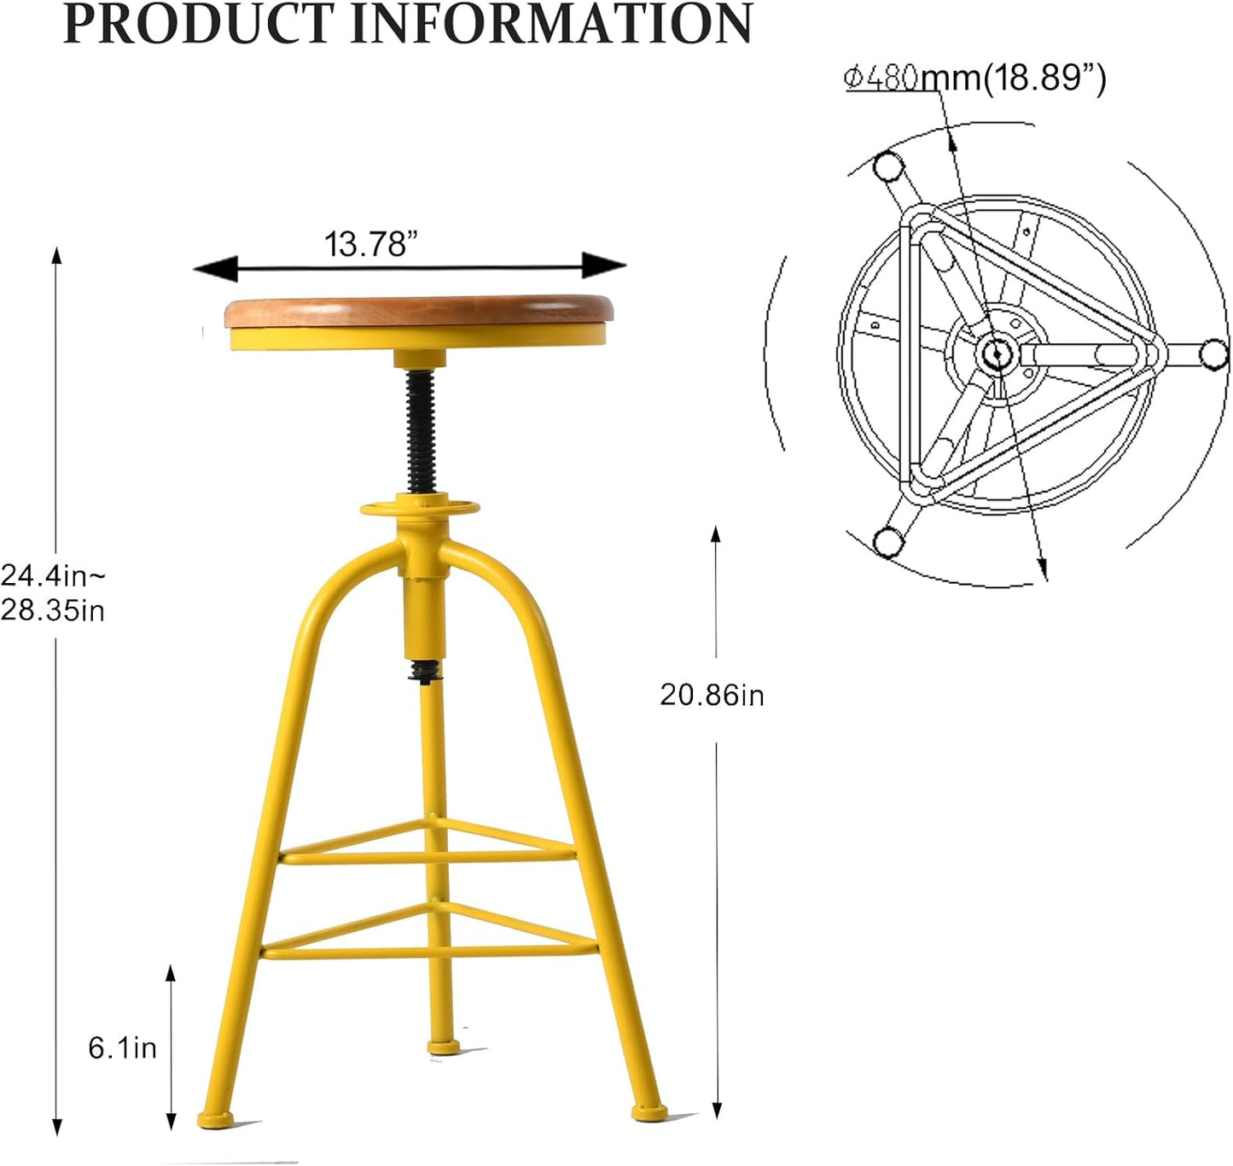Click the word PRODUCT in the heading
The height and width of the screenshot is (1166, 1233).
click(200, 24)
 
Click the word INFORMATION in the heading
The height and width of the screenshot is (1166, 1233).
click(551, 24)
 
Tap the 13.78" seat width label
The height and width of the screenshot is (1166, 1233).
click(370, 244)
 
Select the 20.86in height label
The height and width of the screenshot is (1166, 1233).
click(712, 695)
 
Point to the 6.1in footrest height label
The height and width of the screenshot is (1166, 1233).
click(123, 1047)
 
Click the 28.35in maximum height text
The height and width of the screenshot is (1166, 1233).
click(53, 610)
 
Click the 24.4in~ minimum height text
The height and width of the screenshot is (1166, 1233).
click(53, 575)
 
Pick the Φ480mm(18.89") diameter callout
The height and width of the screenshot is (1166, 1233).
click(974, 78)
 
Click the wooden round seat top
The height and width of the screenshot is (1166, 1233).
click(418, 311)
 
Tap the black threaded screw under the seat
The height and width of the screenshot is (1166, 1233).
click(421, 431)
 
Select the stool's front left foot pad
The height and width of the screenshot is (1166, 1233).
click(216, 1119)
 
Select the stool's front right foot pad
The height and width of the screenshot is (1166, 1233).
click(649, 1112)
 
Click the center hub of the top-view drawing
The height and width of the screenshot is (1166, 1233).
click(995, 352)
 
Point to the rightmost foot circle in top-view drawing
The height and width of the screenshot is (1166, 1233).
click(1213, 353)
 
